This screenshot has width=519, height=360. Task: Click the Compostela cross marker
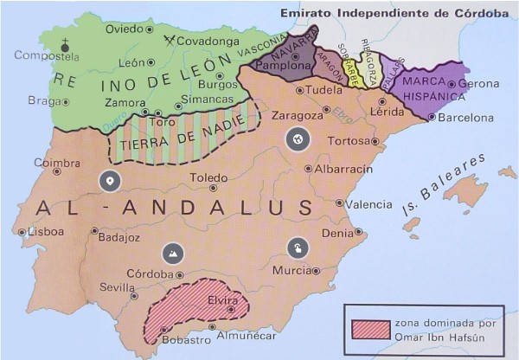[x=63, y=42]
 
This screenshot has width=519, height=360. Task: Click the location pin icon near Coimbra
[x=108, y=181]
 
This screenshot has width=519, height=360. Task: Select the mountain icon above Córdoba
[x=172, y=253]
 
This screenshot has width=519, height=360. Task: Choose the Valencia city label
[x=368, y=204]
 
